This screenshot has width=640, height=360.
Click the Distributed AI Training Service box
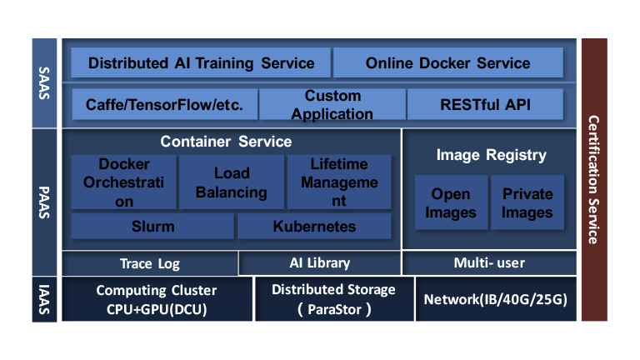click(201, 62)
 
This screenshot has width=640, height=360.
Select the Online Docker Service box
click(447, 62)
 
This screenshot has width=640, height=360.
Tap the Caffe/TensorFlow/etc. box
click(164, 105)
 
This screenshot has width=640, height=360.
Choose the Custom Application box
click(332, 105)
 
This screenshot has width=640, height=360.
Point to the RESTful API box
click(485, 105)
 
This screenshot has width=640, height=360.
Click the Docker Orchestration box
click(124, 182)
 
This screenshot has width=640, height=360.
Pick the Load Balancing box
click(232, 182)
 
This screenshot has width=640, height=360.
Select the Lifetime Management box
click(339, 182)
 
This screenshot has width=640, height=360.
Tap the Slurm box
click(152, 226)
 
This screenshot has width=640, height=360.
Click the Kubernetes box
click(314, 226)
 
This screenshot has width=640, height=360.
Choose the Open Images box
click(450, 202)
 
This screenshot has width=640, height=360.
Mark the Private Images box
click(527, 202)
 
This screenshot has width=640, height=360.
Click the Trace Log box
click(149, 263)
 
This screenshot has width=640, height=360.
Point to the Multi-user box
click(489, 263)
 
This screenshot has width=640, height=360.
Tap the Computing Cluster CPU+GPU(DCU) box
click(157, 299)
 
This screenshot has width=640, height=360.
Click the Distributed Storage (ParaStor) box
click(333, 299)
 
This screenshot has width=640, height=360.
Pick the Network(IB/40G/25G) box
click(496, 299)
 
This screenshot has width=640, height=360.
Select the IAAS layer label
click(45, 299)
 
